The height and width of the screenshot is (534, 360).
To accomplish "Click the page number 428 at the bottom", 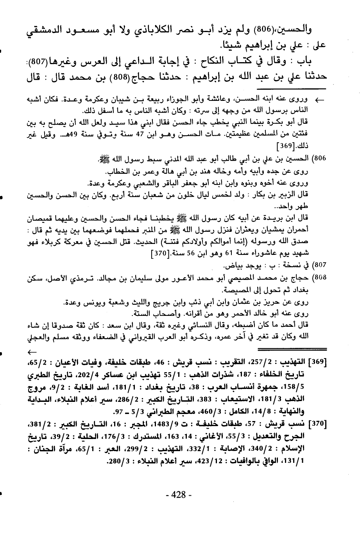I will pyautogui.click(x=179, y=495).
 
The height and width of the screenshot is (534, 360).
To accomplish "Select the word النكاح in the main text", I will pyautogui.click(x=219, y=62).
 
